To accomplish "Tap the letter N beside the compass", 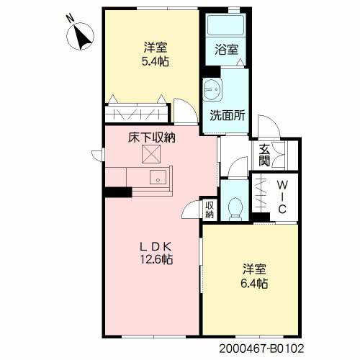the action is [71, 18].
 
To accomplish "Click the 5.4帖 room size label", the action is [156, 62].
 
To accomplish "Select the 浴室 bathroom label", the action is [226, 50].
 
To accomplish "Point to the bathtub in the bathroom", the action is [225, 25].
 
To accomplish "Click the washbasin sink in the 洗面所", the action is [212, 89].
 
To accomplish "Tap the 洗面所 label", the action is [228, 115].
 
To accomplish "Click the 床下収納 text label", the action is [152, 138].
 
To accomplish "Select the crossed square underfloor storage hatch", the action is [151, 154].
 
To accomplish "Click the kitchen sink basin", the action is [158, 177].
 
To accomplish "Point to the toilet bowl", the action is [235, 208].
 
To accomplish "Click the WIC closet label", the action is [282, 197].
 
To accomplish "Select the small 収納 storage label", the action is [210, 210].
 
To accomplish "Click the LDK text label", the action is [156, 246].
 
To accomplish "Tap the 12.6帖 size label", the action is [156, 259].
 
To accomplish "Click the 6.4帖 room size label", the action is [254, 284].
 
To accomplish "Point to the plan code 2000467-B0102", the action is [261, 348].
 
